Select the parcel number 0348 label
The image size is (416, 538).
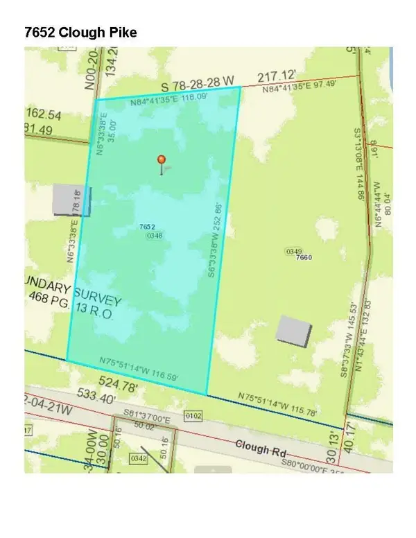point(155,236)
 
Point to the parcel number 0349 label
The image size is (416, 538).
point(293,250)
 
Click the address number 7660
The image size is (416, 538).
point(304,257)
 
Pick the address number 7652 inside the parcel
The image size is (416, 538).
point(146,227)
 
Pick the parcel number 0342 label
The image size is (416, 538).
point(138,458)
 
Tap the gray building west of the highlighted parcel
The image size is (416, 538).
point(68,199)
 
